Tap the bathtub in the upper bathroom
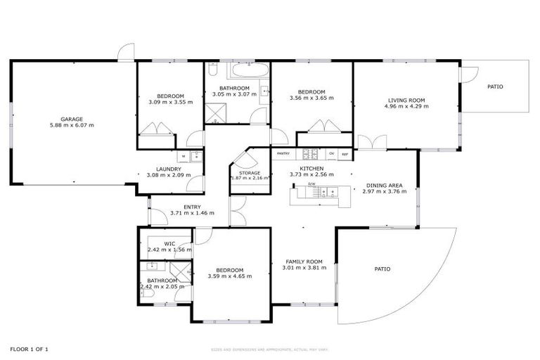click(x=249, y=70)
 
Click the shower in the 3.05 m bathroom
click(x=214, y=113)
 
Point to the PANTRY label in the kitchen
click(x=283, y=153)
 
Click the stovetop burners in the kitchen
click(x=310, y=153)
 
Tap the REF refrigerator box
click(x=345, y=153)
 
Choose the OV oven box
click(x=331, y=153)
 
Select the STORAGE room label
click(x=250, y=173)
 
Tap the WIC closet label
click(x=169, y=244)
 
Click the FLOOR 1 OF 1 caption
click(x=29, y=349)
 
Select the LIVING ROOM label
click(x=406, y=100)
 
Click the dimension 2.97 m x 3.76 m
click(x=385, y=191)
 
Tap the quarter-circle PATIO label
click(x=382, y=269)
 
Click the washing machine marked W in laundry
click(x=184, y=156)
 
